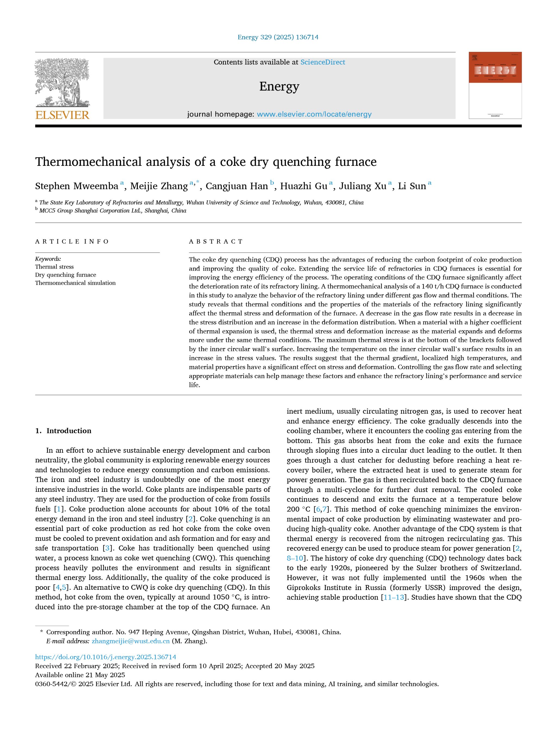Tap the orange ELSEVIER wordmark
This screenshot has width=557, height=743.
[x=63, y=115]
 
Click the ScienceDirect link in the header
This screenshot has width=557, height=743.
[x=322, y=62]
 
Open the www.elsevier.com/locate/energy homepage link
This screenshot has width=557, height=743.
[x=314, y=114]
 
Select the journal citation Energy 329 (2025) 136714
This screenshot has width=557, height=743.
[x=278, y=37]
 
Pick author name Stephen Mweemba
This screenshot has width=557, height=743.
[x=77, y=186]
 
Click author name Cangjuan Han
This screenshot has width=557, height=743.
[x=236, y=186]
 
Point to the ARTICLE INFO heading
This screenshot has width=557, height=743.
[x=72, y=241]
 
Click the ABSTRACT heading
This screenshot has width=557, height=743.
[x=216, y=241]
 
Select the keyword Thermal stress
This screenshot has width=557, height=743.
[x=54, y=267]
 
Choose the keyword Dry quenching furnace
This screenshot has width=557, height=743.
[x=66, y=275]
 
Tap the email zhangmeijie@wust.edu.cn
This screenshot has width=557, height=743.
[x=131, y=641]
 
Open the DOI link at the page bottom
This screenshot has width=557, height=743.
[x=106, y=657]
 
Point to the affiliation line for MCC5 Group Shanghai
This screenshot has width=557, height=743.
[x=113, y=211]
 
